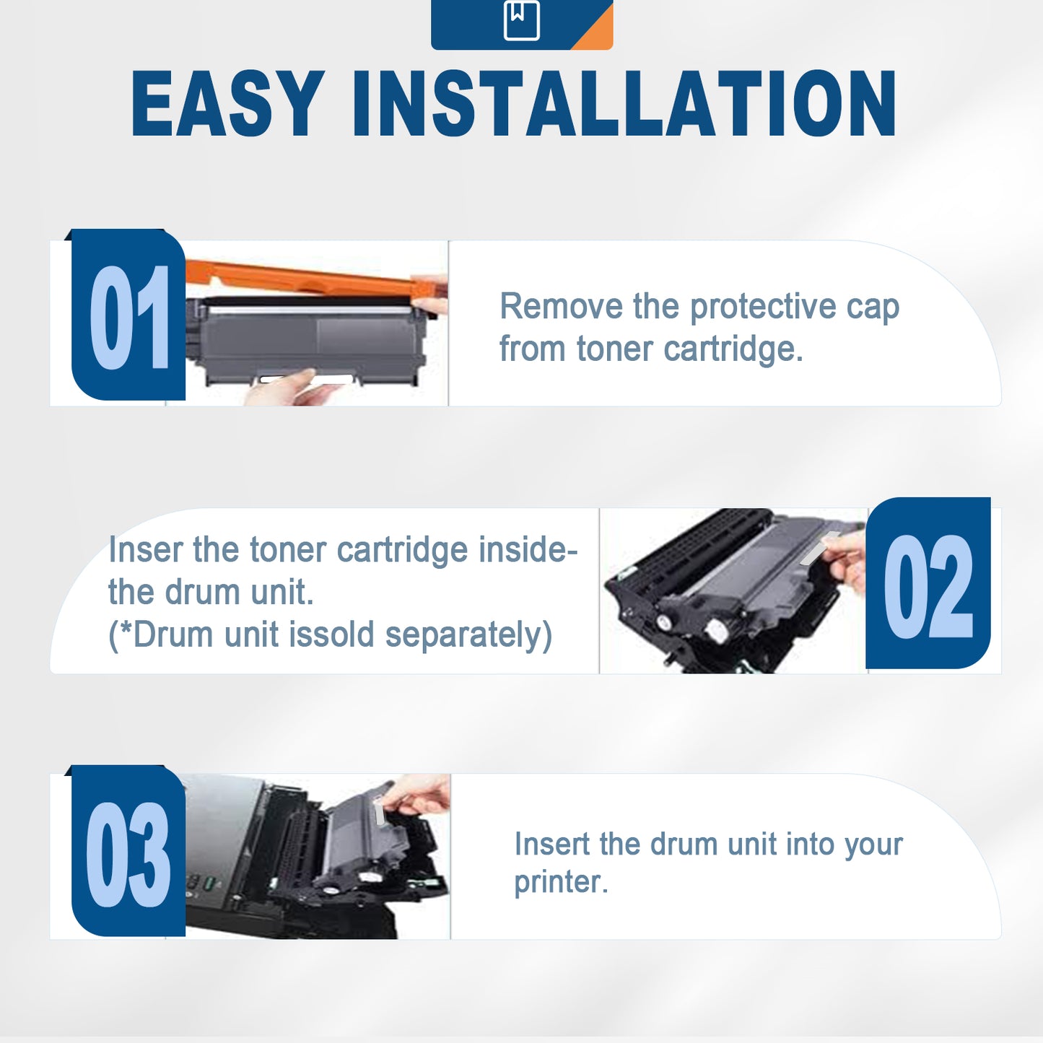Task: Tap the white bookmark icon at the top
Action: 521,20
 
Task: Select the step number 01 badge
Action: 128,315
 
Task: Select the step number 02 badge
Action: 928,585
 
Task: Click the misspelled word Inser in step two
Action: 145,550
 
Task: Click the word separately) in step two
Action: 468,636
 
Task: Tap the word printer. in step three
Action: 561,883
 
